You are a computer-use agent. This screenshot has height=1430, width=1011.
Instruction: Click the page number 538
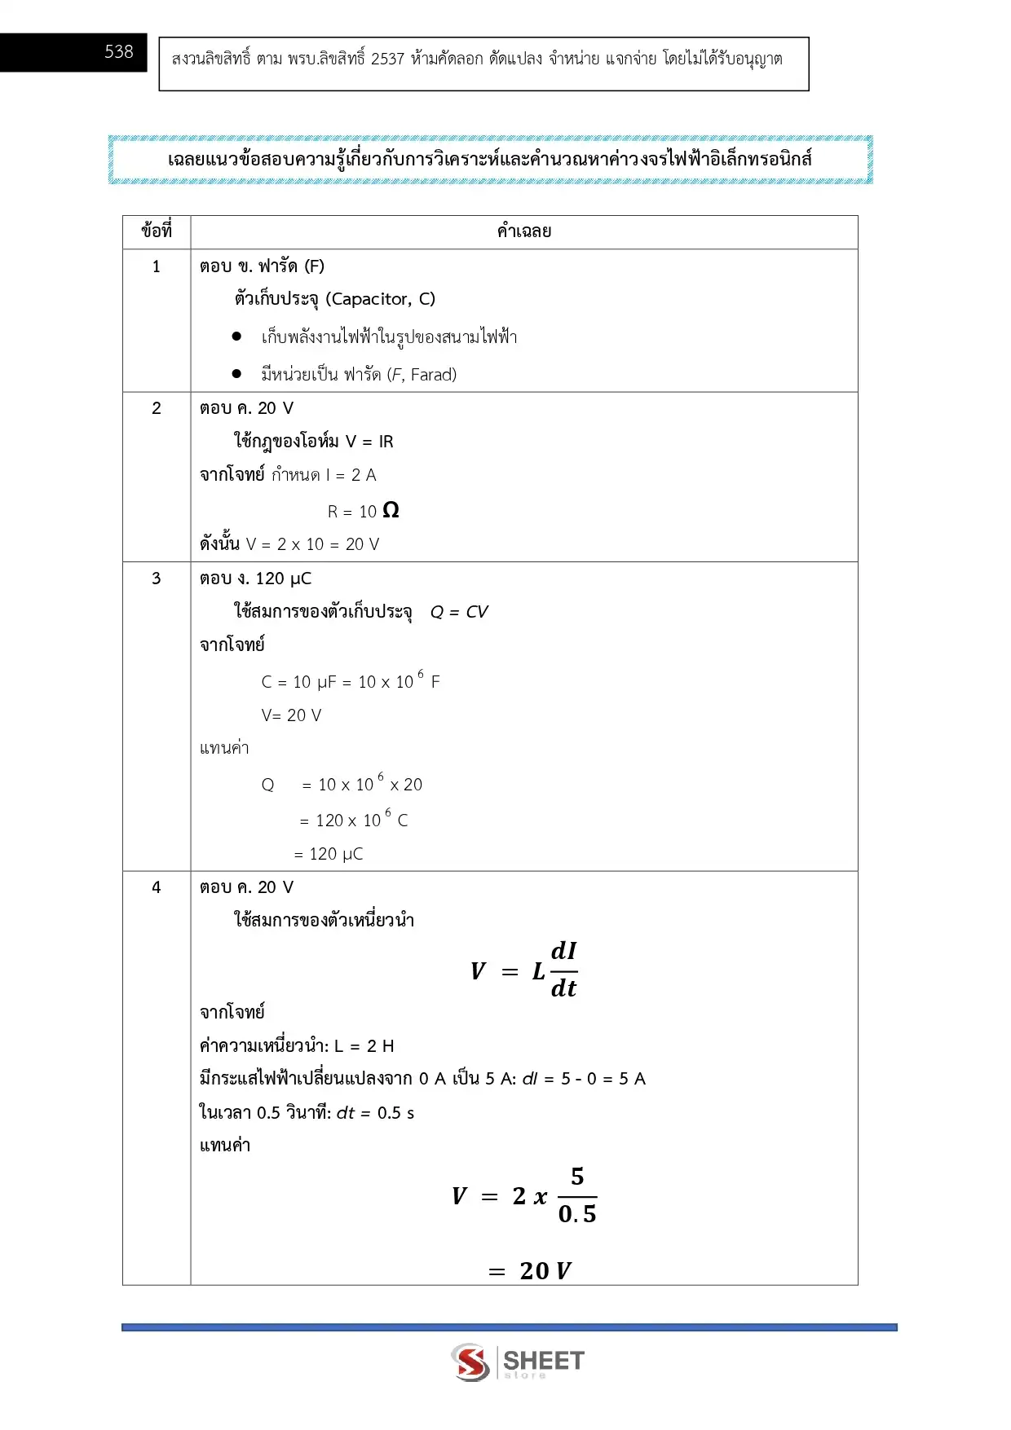point(118,52)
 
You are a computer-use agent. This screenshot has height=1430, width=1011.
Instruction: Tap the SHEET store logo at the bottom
point(518,1362)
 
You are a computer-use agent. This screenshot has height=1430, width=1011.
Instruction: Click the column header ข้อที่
point(157,231)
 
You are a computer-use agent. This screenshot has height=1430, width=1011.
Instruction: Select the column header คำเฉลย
point(523,231)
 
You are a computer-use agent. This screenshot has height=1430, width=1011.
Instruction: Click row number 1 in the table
point(157,266)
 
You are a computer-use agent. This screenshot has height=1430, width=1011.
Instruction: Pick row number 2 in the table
point(157,408)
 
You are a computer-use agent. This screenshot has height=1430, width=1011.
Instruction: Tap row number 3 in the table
point(157,579)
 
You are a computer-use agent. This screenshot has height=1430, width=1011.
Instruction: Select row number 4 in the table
point(157,887)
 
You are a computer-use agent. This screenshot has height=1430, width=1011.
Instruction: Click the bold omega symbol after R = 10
point(391,510)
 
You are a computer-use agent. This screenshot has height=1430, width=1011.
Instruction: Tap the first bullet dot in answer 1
point(236,336)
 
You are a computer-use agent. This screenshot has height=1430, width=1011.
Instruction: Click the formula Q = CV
point(459,612)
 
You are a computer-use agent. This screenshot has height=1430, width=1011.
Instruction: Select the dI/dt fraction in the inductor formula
point(563,970)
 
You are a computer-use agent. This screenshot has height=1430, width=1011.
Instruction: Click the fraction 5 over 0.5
point(577,1195)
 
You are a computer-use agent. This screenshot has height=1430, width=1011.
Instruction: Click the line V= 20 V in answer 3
point(291,715)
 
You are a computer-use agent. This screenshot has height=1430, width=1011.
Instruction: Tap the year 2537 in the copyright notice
point(387,59)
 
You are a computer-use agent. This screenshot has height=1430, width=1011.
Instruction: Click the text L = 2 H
point(364,1045)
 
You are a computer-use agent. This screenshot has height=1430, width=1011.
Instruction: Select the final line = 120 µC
point(329,854)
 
